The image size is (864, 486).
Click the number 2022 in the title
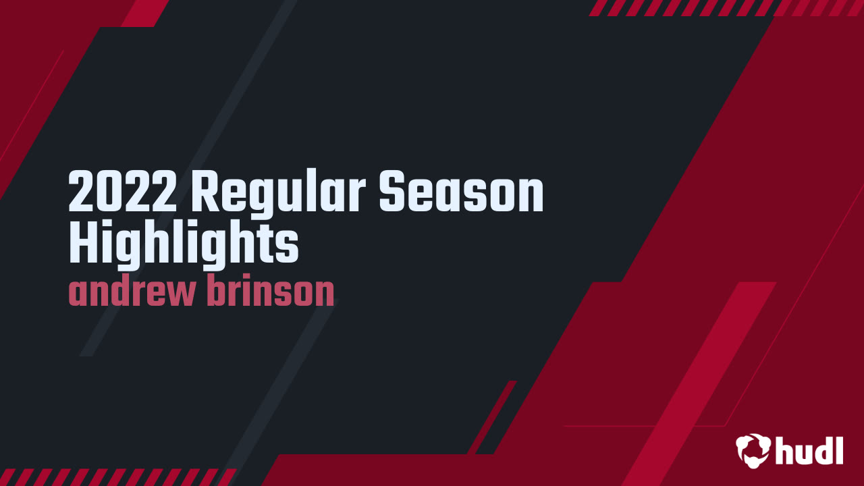(x=124, y=192)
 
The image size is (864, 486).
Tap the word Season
(x=460, y=192)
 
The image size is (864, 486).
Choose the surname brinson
(x=270, y=292)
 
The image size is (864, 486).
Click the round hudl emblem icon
(x=753, y=449)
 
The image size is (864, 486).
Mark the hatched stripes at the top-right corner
(x=726, y=7)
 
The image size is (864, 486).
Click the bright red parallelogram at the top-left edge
(x=144, y=13)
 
